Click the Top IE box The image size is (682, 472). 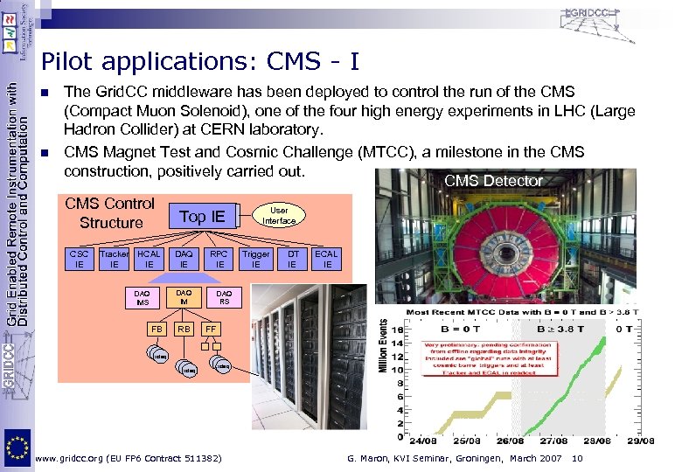pos(202,216)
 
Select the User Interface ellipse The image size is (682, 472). pos(279,215)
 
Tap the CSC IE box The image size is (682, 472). pos(80,259)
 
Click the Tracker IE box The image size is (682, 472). pos(114,259)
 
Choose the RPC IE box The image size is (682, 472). pos(219,259)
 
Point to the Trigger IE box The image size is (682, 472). pos(256,259)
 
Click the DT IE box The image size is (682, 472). pos(293,259)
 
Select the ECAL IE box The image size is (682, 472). pos(327,259)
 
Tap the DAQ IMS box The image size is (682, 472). pos(142,298)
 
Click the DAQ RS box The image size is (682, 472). pos(224,298)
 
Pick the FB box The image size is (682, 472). pos(157,330)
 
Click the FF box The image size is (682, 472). pos(210,330)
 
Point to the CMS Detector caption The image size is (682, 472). pos(493,181)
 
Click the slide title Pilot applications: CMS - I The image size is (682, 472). pos(199,61)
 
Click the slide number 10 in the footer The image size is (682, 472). pos(576,459)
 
